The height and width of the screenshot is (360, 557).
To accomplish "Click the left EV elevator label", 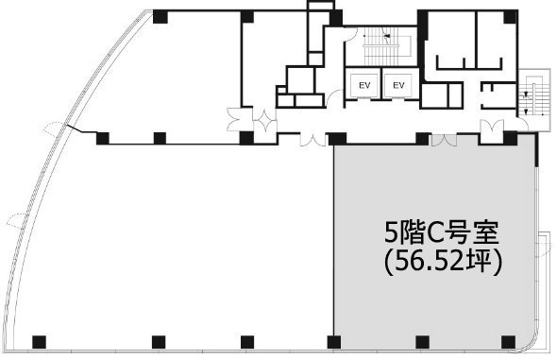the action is pos(364,85).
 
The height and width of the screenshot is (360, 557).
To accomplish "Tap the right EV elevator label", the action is pos(398,85).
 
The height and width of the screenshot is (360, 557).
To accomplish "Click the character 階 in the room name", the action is pos(410,232).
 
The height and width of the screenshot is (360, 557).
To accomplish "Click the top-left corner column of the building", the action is pos(160,17).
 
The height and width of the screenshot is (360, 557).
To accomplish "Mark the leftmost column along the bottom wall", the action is pos(39,342).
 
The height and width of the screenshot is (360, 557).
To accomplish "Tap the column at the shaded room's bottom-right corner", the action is pos(508,342).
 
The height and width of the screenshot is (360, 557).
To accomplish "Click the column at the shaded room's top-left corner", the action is pos(337,139).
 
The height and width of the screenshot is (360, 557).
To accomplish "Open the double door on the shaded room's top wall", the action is pos(444,141).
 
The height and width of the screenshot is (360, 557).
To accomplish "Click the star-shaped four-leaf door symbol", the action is pos(264,122).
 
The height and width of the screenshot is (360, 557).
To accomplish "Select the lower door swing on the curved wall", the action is pos(17,220).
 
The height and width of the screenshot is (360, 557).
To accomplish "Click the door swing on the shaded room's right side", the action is pos(545,245).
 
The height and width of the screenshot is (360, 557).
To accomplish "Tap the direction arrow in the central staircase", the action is pos(387,36).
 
